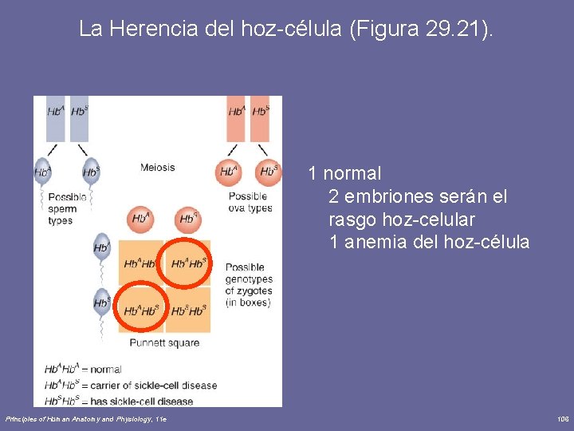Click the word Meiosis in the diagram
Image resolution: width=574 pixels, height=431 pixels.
(x=157, y=168)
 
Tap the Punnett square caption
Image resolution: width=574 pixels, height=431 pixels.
(x=164, y=343)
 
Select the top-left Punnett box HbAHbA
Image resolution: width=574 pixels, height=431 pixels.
(x=140, y=263)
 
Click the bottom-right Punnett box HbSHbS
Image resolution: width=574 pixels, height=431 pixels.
(x=188, y=310)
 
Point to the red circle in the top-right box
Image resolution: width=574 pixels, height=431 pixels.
(x=188, y=262)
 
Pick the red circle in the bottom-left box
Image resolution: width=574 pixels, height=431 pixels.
(x=141, y=310)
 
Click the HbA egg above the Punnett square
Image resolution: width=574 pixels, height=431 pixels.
(x=142, y=218)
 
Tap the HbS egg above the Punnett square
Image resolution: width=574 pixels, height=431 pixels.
(x=188, y=218)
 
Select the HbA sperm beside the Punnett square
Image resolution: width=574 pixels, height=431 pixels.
(x=101, y=248)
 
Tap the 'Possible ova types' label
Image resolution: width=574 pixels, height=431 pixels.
(x=250, y=202)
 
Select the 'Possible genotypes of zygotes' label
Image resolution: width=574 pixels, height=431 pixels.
(x=249, y=285)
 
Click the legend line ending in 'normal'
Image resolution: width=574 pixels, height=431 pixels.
(x=83, y=370)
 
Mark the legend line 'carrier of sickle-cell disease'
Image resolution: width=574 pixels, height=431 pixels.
(x=130, y=386)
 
